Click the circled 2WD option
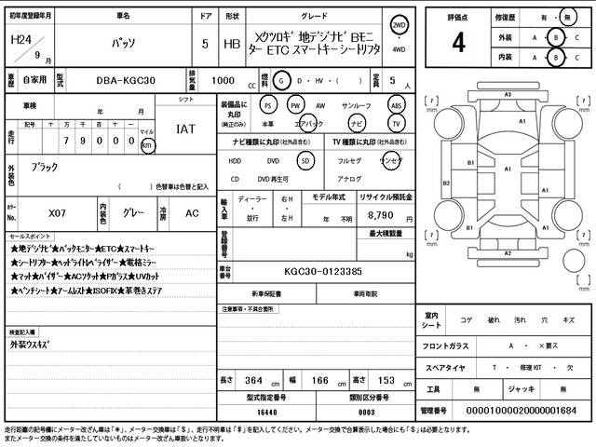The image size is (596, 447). (399, 24)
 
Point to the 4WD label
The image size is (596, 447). (399, 51)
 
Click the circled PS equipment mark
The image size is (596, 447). (268, 105)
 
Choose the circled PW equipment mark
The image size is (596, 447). (296, 105)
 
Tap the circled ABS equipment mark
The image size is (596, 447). (396, 105)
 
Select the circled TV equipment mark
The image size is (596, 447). (396, 123)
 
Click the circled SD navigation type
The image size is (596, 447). (305, 160)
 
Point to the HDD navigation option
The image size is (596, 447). (236, 160)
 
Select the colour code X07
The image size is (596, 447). (58, 211)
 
